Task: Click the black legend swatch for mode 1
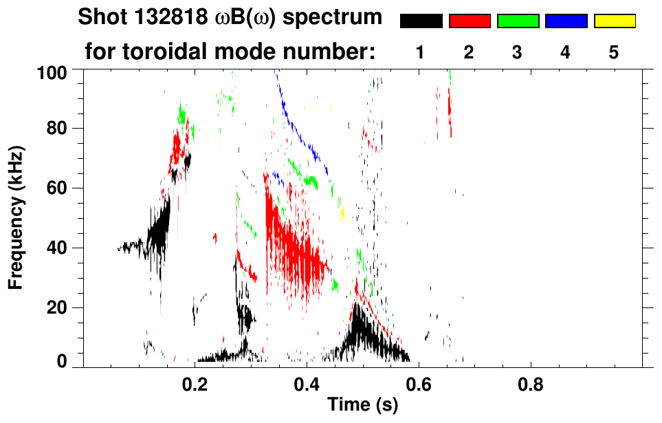pyautogui.click(x=421, y=21)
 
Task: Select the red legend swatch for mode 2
pyautogui.click(x=470, y=21)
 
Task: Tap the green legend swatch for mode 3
pyautogui.click(x=518, y=21)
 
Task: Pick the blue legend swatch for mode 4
pyautogui.click(x=566, y=21)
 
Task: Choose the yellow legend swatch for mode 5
pyautogui.click(x=614, y=21)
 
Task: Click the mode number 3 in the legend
pyautogui.click(x=518, y=53)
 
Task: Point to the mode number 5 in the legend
pyautogui.click(x=614, y=53)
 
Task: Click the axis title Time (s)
pyautogui.click(x=362, y=405)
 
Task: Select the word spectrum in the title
pyautogui.click(x=341, y=19)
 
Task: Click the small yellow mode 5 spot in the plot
pyautogui.click(x=342, y=214)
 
